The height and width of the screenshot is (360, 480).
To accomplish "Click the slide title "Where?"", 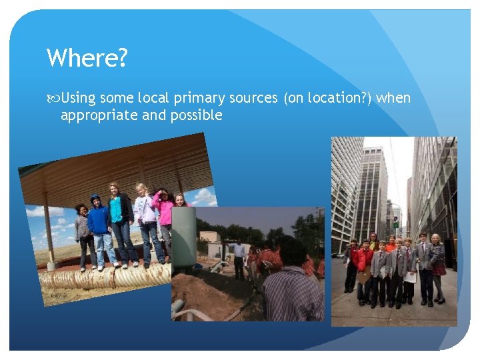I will point(87,59).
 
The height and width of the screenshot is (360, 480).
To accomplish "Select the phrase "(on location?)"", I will point(328,99).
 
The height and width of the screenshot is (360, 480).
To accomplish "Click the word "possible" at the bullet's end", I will point(197,115).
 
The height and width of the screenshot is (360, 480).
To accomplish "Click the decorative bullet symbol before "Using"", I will point(53,99).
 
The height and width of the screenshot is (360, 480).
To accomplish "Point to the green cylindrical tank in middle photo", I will point(183,237).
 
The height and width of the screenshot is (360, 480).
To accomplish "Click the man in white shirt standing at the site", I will point(239,257).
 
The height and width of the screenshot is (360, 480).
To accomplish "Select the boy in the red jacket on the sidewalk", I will point(364,267).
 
